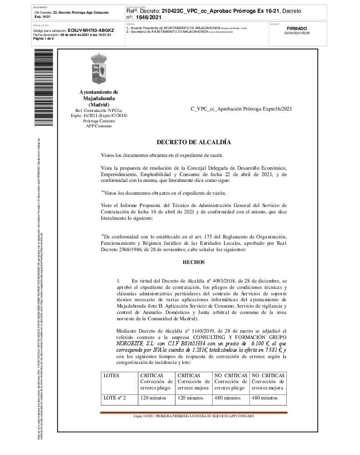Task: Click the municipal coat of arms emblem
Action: [x=99, y=69]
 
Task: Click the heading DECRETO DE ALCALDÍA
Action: [x=194, y=142]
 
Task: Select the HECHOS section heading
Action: [x=194, y=262]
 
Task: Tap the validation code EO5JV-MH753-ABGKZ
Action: [x=90, y=30]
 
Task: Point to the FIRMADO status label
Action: [x=297, y=28]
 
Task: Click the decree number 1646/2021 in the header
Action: [x=149, y=17]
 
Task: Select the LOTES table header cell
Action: [x=111, y=375]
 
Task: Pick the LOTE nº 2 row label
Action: [x=115, y=398]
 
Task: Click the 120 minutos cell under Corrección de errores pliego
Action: [x=153, y=398]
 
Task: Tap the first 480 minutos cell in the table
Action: [x=227, y=398]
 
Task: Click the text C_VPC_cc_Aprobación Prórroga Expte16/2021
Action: [x=241, y=109]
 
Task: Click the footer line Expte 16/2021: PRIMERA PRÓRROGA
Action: [x=194, y=416]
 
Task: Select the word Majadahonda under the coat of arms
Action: [x=99, y=98]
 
